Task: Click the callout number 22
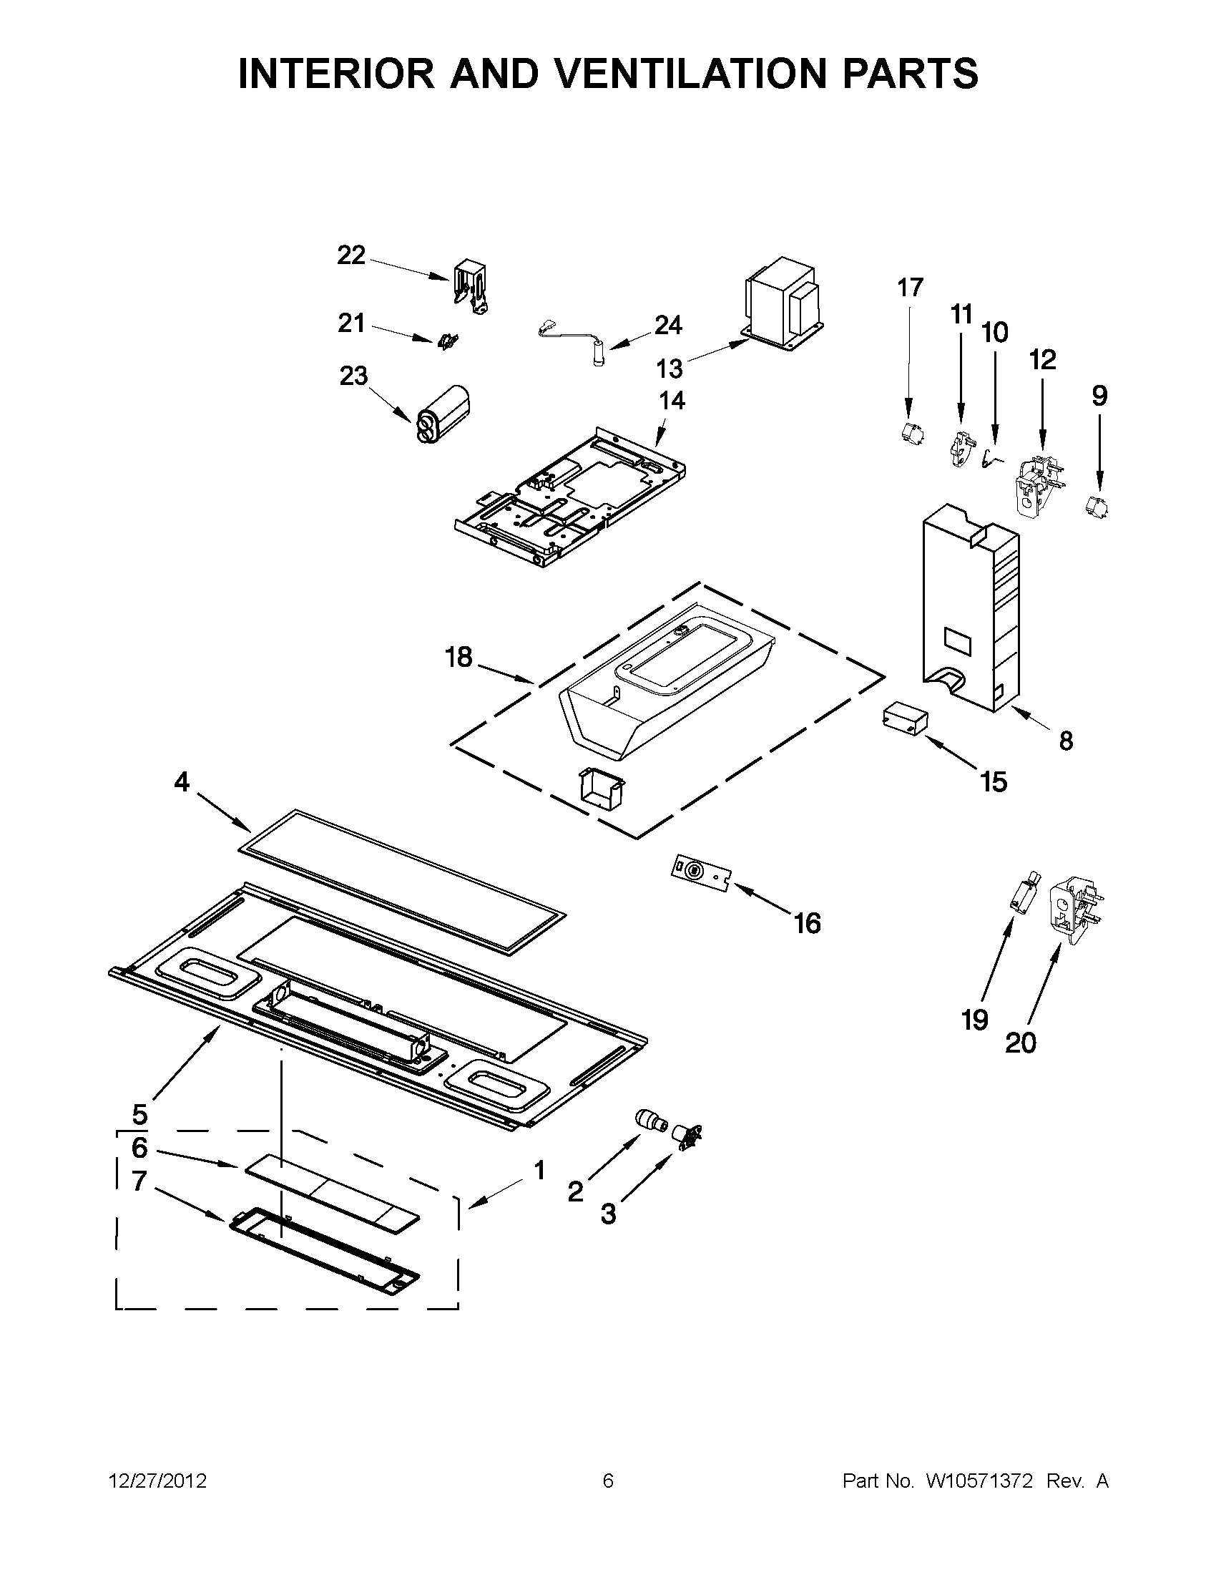[x=351, y=255]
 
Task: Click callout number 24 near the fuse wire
[x=667, y=326]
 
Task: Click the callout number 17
[x=910, y=288]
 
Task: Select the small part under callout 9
[x=1097, y=505]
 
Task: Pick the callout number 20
[x=1020, y=1043]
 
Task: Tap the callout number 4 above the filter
[x=182, y=781]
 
